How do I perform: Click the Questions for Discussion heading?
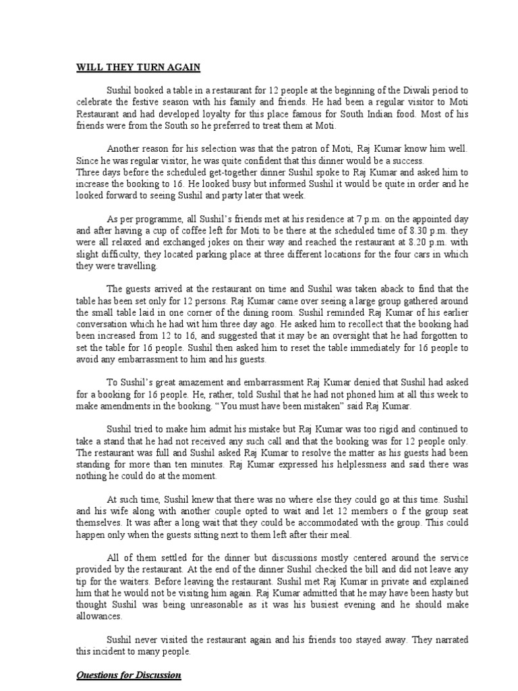(x=128, y=675)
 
